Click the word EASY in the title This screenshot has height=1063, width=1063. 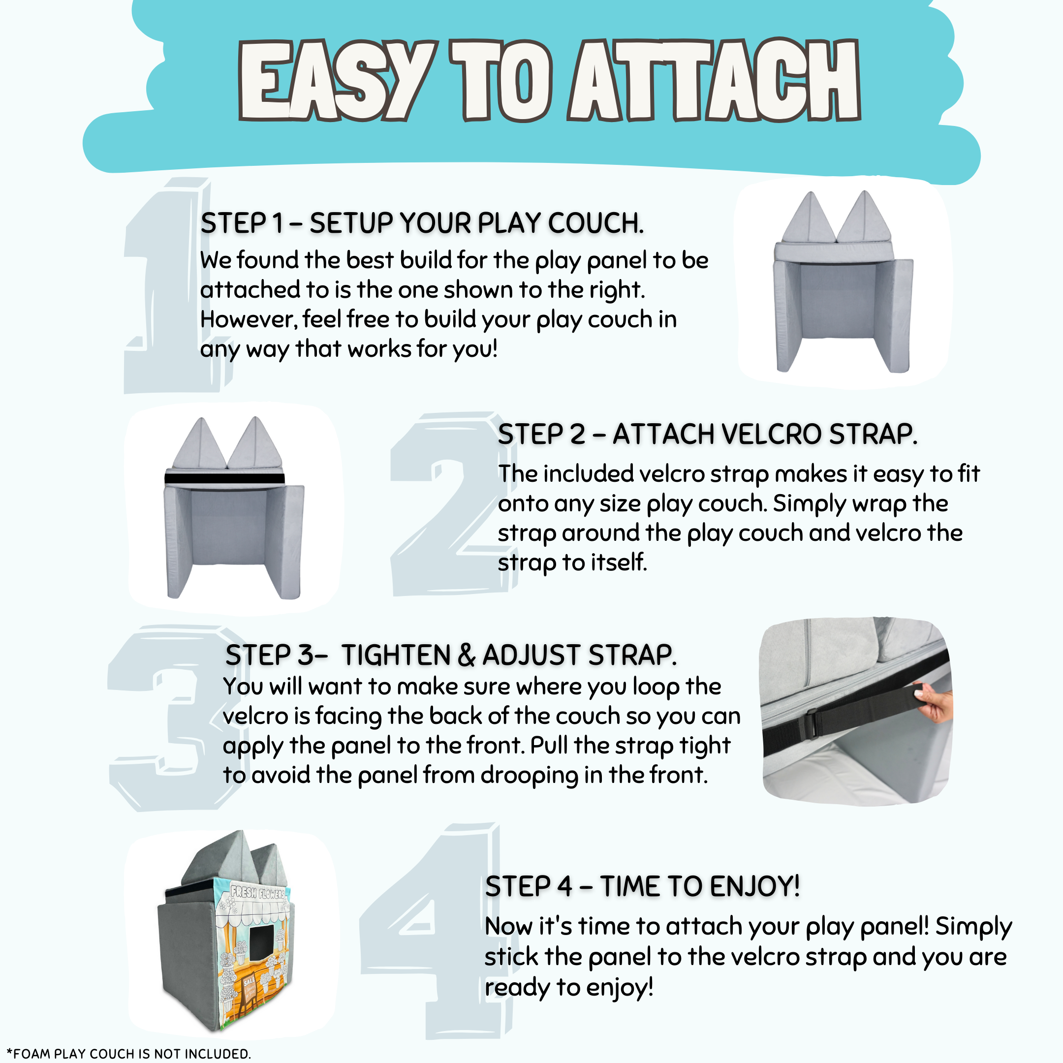tap(335, 81)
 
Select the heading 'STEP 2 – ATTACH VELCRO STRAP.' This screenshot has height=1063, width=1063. tap(708, 434)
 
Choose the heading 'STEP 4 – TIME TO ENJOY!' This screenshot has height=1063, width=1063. tap(642, 886)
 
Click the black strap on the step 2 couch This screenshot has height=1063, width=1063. tap(224, 479)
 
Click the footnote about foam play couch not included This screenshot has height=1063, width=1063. tap(128, 1053)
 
